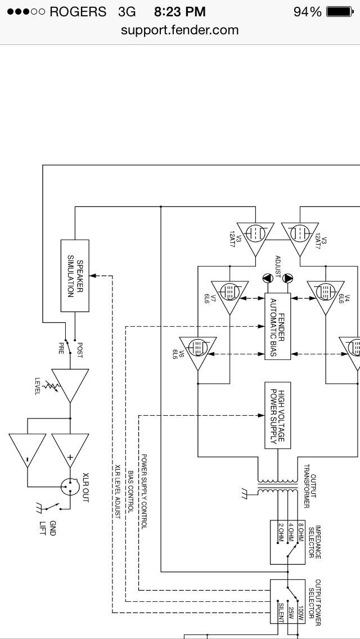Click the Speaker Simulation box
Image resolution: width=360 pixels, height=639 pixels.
pyautogui.click(x=75, y=276)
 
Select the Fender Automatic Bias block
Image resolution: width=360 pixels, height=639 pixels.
pyautogui.click(x=278, y=326)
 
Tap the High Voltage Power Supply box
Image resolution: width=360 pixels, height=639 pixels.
pyautogui.click(x=278, y=415)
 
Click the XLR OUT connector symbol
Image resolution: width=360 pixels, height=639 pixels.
pyautogui.click(x=70, y=486)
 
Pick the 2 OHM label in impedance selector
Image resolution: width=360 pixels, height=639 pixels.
pyautogui.click(x=281, y=533)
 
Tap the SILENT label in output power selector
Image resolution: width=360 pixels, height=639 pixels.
pyautogui.click(x=281, y=613)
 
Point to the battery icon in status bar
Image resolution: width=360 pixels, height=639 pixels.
pyautogui.click(x=340, y=12)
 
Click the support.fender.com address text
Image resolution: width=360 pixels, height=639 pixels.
pyautogui.click(x=180, y=30)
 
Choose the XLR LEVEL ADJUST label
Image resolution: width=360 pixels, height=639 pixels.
pyautogui.click(x=118, y=492)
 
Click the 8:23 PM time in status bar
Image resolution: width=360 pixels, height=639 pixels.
pyautogui.click(x=180, y=12)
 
